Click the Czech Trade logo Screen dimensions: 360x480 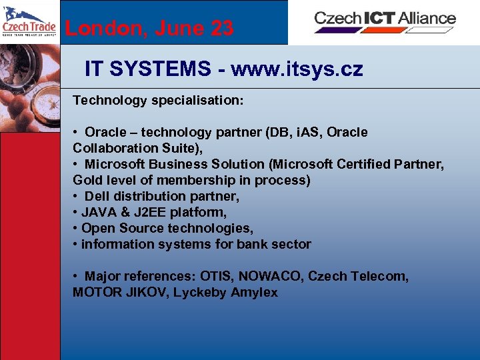coord(29,22)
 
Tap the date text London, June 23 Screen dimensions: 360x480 coord(150,29)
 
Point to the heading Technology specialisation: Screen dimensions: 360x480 coord(158,100)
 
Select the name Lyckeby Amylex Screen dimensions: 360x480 coord(225,292)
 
